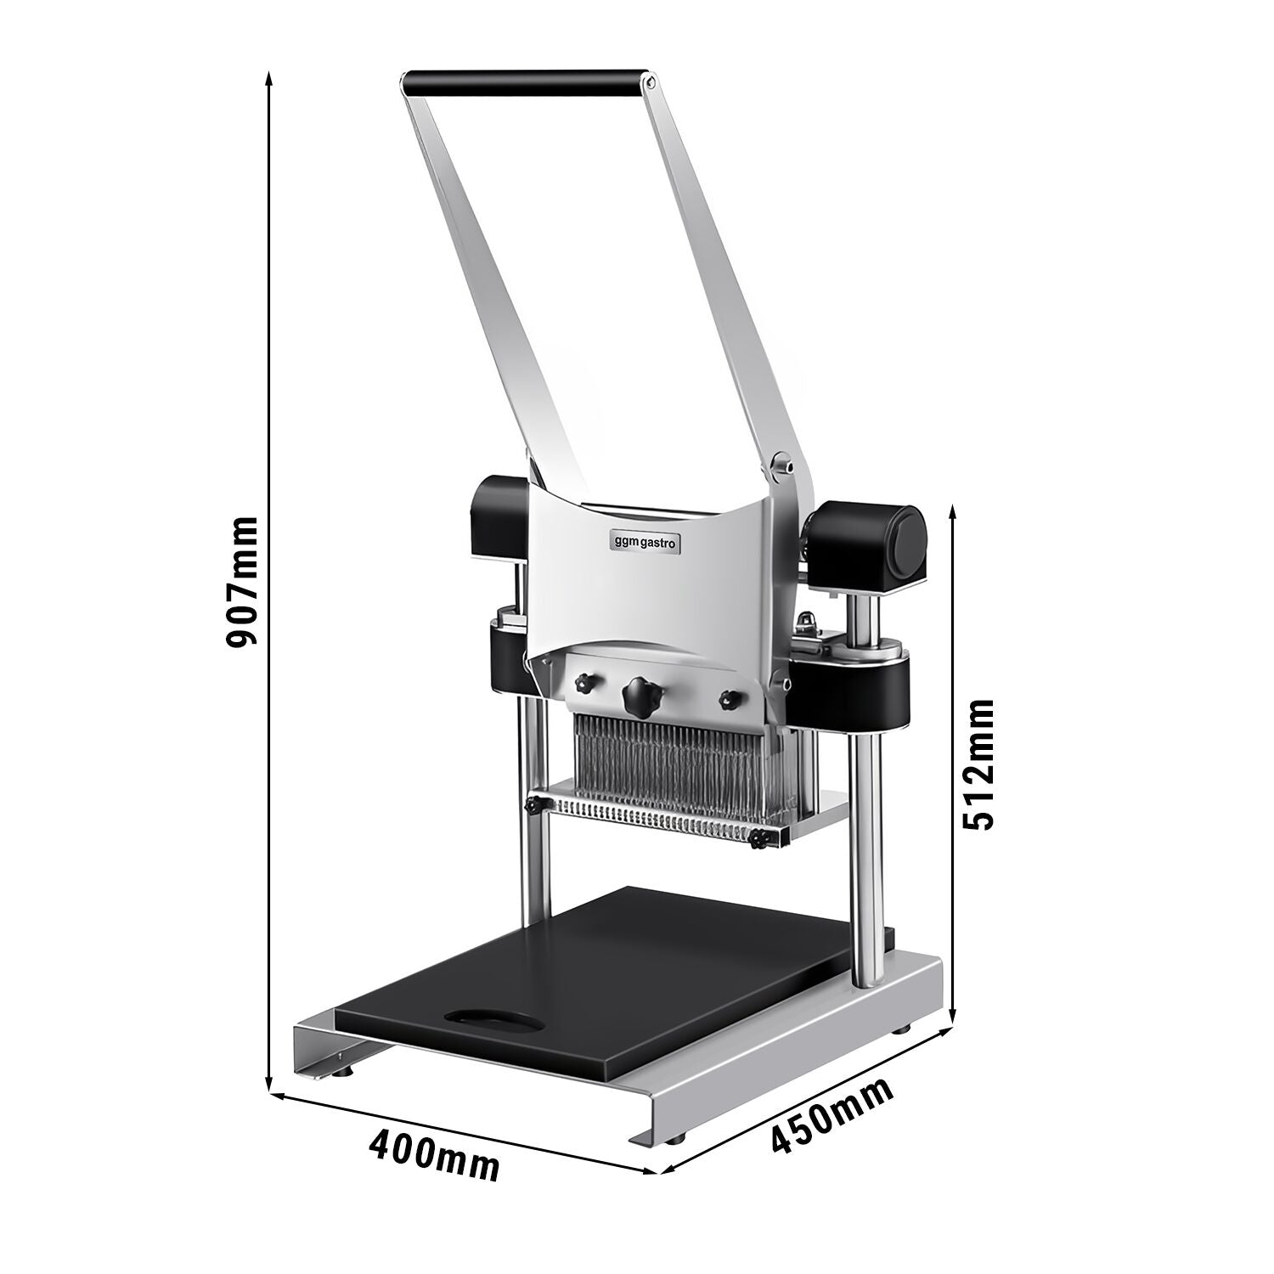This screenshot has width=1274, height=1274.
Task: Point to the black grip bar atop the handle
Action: [x=523, y=83]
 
